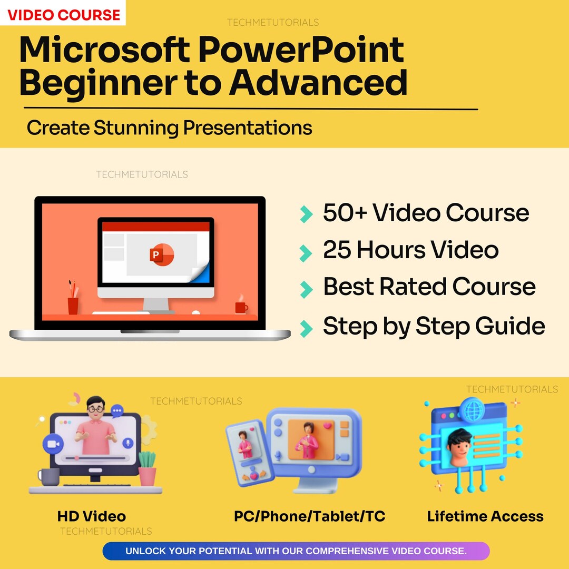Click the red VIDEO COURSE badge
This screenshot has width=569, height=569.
point(63,14)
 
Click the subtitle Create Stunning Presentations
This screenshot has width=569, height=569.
point(169,128)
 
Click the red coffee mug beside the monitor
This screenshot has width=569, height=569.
point(241,307)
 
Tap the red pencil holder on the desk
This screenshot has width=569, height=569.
point(73,305)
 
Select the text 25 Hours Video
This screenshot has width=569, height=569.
point(410,250)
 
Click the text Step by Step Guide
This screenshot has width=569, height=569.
point(434,326)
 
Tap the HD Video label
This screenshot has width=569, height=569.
point(92,516)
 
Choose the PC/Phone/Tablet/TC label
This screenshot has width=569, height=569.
point(309,516)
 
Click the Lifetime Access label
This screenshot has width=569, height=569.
point(485,516)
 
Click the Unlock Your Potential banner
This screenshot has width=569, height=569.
point(296,551)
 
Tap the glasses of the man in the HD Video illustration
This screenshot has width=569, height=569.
point(96,408)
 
